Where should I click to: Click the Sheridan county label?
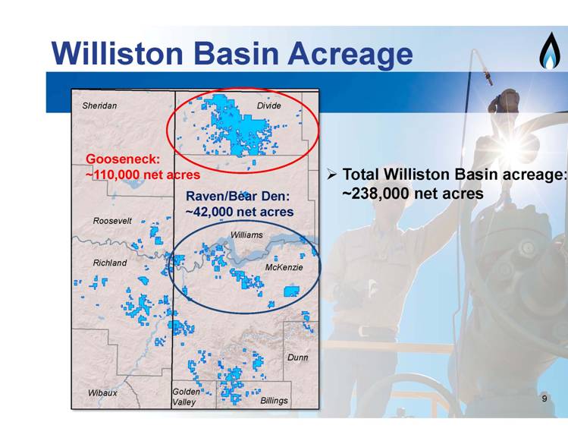(x=99, y=105)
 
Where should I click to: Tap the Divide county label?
(x=268, y=105)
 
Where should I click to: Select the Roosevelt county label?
(x=112, y=221)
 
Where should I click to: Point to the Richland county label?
(x=110, y=263)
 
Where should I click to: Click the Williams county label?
(x=246, y=235)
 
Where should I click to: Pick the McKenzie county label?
(x=284, y=267)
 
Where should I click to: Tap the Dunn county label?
(x=298, y=357)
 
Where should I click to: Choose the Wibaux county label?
(x=102, y=393)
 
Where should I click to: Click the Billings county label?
(x=275, y=401)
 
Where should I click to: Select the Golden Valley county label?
(x=186, y=397)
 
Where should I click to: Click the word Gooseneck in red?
(x=123, y=159)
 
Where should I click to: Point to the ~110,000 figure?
(x=113, y=175)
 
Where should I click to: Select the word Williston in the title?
(x=118, y=53)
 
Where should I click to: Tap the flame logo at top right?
(x=550, y=51)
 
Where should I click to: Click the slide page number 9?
(x=544, y=398)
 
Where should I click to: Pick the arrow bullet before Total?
(x=332, y=175)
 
